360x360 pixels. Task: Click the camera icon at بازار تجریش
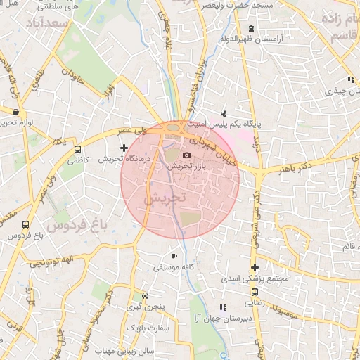tap(186, 155)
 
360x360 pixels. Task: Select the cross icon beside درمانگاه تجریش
tap(124, 148)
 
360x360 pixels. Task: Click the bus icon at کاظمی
tap(77, 149)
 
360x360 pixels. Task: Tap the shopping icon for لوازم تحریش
tap(15, 111)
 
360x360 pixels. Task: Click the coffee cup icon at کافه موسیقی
tap(174, 257)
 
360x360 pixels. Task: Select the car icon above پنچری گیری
tap(145, 296)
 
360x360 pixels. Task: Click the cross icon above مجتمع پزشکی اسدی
tap(255, 267)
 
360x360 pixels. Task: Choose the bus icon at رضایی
tap(255, 293)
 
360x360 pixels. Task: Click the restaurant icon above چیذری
tap(350, 80)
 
